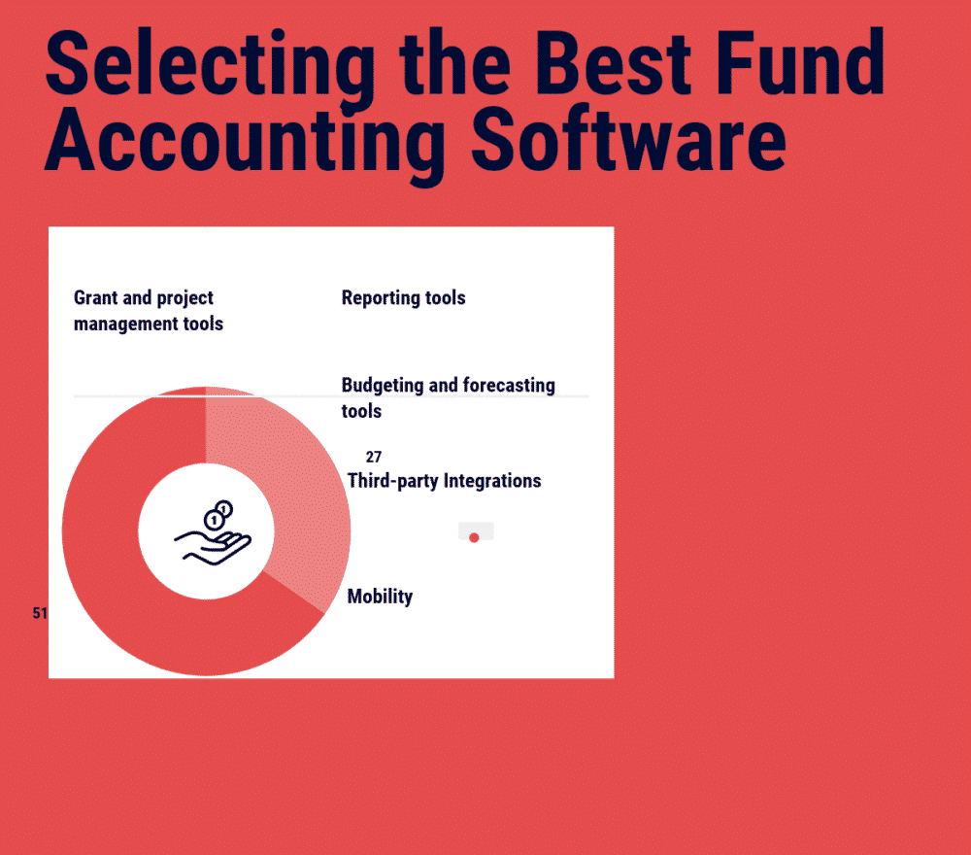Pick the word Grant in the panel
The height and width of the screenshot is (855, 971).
[100, 298]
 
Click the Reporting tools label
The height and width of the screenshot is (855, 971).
[403, 298]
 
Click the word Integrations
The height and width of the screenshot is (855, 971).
[492, 480]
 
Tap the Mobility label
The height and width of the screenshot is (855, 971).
[380, 597]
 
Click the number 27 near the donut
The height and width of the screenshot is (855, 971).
[374, 457]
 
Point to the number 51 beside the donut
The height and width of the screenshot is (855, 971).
[40, 614]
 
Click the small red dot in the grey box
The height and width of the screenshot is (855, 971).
[474, 537]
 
